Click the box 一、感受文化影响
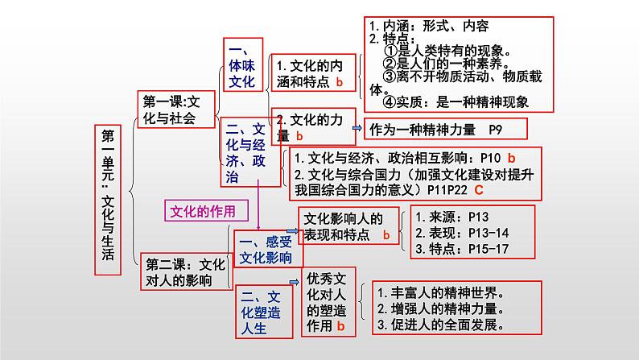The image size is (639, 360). click(x=269, y=250)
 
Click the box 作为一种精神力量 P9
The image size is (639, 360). click(x=446, y=129)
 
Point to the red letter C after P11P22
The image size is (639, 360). click(x=478, y=191)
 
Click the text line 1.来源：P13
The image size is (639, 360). click(x=450, y=217)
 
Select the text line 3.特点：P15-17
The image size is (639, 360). click(x=460, y=250)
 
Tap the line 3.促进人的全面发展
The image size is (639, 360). click(x=441, y=326)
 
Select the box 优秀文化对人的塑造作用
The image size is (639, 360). click(x=328, y=302)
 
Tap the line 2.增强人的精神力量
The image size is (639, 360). click(x=441, y=308)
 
